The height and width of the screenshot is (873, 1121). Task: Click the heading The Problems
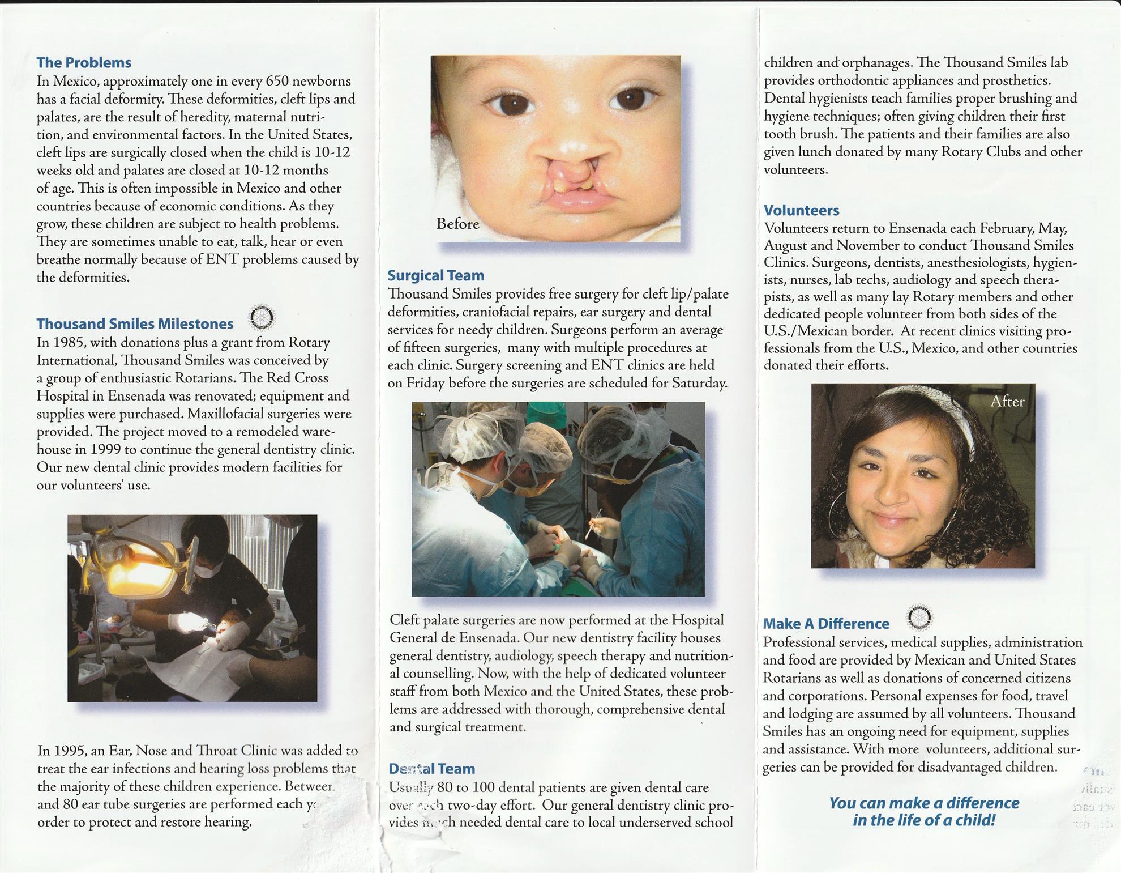coord(84,62)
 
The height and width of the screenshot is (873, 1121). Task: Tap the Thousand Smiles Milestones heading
coord(135,323)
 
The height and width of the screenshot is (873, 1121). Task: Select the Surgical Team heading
coord(436,275)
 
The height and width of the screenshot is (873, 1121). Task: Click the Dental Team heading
coord(431,769)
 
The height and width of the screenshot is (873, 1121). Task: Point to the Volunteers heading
coord(801,210)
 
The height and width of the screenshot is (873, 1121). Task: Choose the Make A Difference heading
coord(826,623)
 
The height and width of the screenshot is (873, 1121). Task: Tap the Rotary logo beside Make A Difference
coord(920,618)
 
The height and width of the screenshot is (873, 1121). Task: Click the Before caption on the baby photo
coord(457,224)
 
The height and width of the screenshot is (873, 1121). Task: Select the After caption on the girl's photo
coord(1007,401)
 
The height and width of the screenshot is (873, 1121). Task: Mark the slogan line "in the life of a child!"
coord(924,820)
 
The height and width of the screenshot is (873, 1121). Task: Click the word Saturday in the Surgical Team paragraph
coord(699,383)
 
